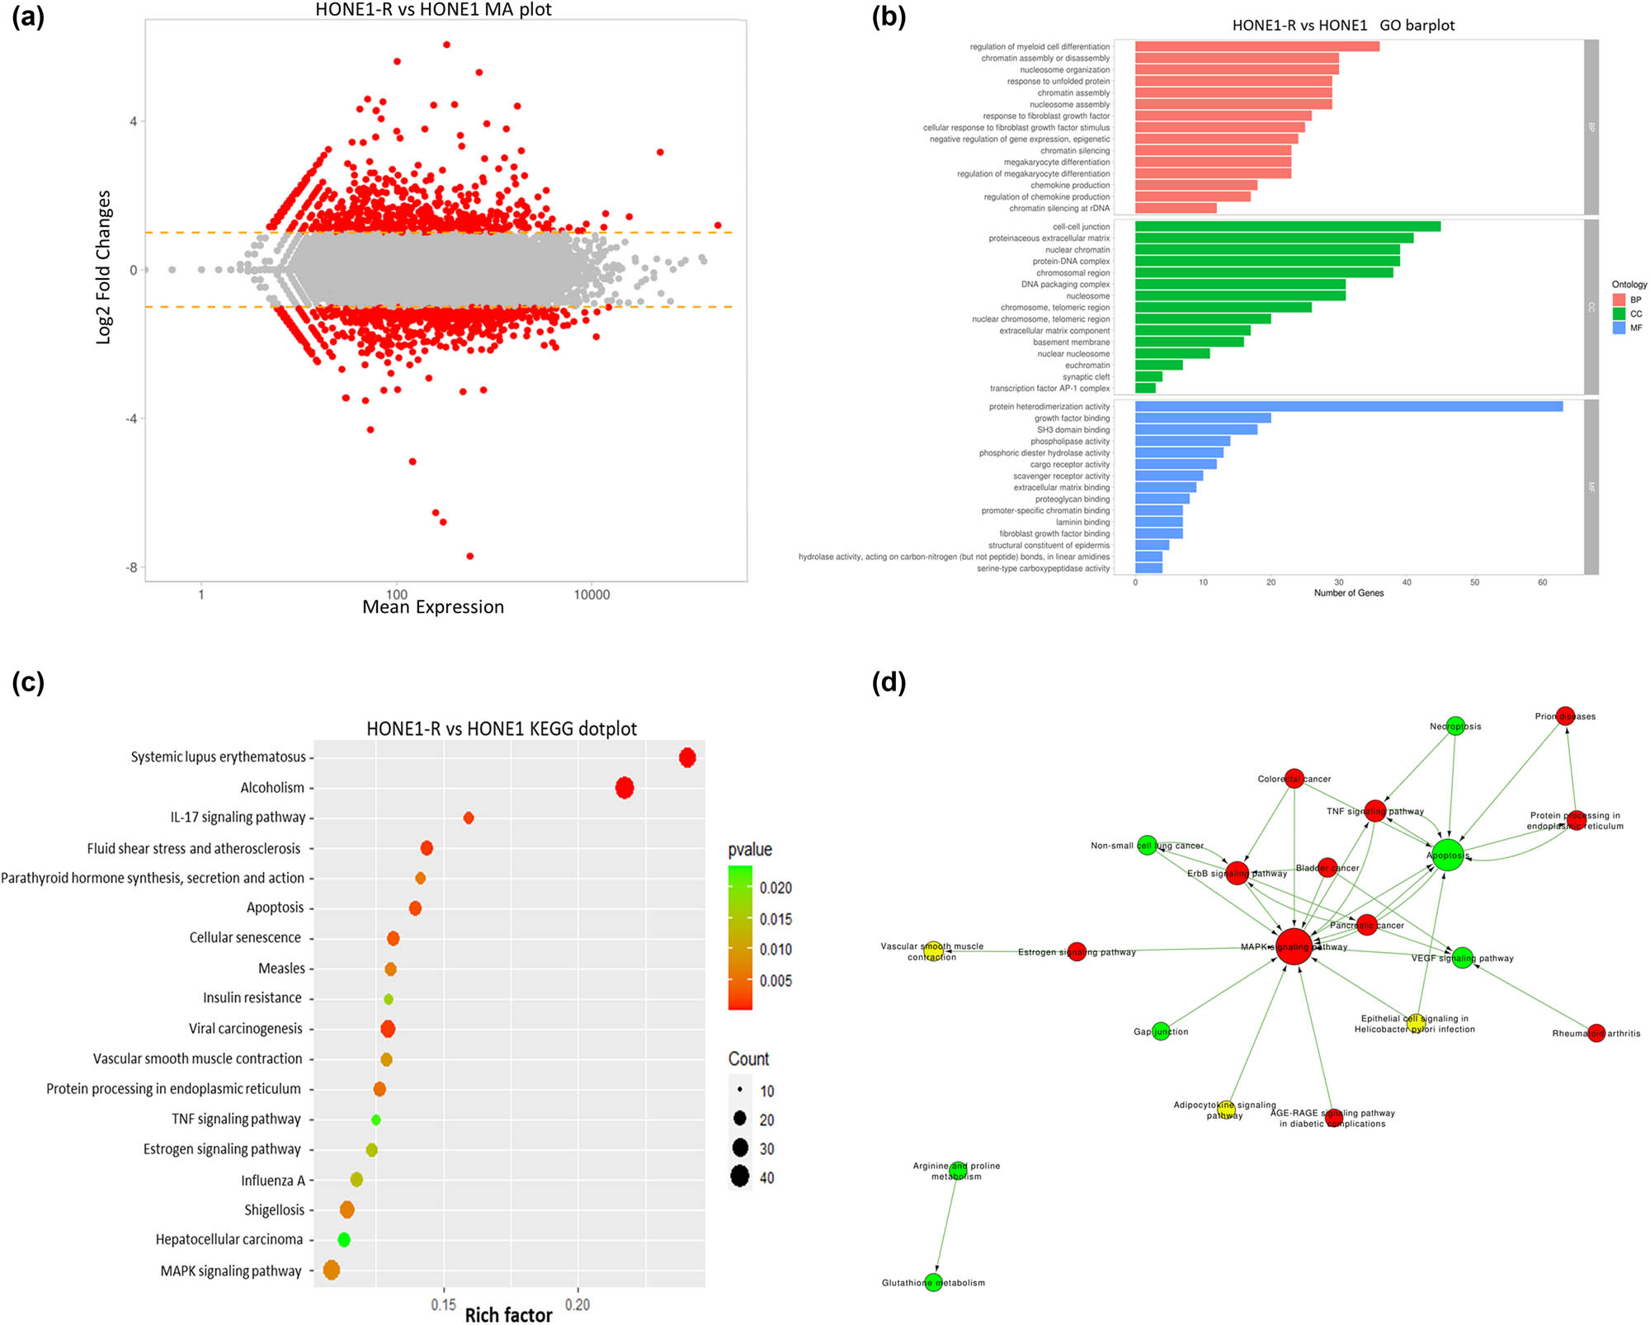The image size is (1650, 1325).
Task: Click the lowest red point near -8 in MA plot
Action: click(x=470, y=556)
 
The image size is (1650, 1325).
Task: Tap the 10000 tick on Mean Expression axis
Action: click(x=592, y=594)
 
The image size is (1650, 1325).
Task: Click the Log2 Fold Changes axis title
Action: click(x=103, y=267)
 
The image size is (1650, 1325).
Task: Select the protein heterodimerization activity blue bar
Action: click(x=1348, y=406)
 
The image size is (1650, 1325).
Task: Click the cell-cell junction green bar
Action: click(x=1287, y=226)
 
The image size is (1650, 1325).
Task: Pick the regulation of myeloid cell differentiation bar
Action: click(x=1256, y=46)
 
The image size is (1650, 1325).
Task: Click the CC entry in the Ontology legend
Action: click(x=1619, y=314)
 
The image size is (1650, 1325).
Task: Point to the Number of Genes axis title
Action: click(x=1348, y=592)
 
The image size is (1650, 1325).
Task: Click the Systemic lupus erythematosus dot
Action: click(x=687, y=757)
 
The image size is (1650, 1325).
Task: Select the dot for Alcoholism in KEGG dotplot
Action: click(x=625, y=788)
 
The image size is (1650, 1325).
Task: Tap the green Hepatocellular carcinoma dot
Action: click(x=344, y=1239)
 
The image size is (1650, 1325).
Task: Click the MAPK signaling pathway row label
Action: click(x=231, y=1271)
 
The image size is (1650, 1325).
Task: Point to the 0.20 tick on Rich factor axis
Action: click(x=577, y=1304)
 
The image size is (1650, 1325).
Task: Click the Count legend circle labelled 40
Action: click(x=739, y=1176)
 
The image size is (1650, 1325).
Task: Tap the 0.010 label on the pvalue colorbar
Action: click(x=775, y=950)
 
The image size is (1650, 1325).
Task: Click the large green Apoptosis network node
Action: click(x=1448, y=856)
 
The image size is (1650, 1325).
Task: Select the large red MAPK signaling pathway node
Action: click(x=1294, y=946)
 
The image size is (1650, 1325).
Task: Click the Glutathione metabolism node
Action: click(x=933, y=1282)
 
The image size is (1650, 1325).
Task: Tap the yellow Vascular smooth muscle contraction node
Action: click(x=932, y=951)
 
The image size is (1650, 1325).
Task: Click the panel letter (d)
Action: click(x=889, y=682)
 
